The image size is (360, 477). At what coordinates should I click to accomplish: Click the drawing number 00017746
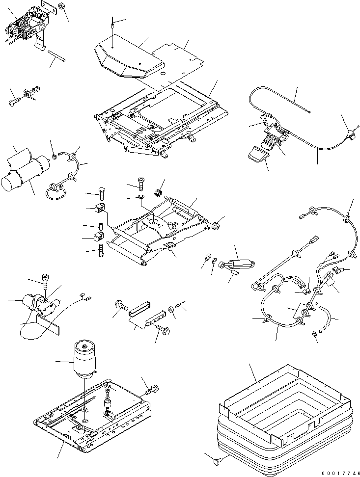click(338, 472)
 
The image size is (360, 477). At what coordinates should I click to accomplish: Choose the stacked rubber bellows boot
click(285, 437)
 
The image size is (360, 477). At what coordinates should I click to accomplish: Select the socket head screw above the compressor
click(46, 282)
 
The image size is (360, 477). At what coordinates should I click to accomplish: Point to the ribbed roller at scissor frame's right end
click(216, 226)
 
